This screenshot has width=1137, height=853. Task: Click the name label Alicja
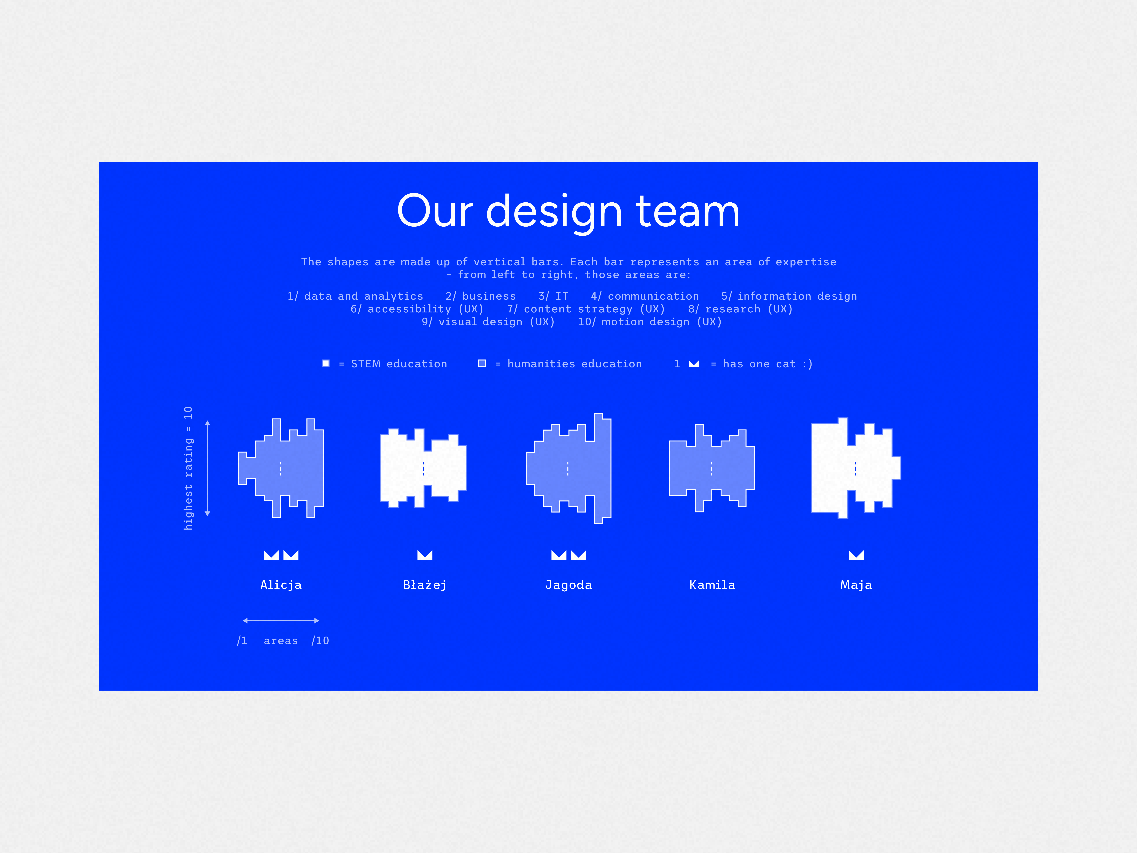pyautogui.click(x=281, y=585)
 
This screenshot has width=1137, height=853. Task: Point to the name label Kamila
pyautogui.click(x=712, y=585)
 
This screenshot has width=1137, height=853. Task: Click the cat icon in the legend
pyautogui.click(x=694, y=364)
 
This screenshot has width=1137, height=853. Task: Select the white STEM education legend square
pyautogui.click(x=325, y=364)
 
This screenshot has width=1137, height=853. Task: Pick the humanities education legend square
pyautogui.click(x=482, y=364)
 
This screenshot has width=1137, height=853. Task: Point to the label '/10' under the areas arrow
pyautogui.click(x=320, y=641)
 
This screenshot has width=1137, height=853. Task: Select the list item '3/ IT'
pyautogui.click(x=554, y=296)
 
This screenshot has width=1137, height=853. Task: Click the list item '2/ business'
pyautogui.click(x=481, y=296)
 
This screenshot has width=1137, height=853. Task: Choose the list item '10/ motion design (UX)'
pyautogui.click(x=650, y=322)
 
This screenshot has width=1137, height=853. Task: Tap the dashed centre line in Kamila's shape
pyautogui.click(x=711, y=468)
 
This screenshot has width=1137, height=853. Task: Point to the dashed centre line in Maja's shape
pyautogui.click(x=855, y=468)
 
